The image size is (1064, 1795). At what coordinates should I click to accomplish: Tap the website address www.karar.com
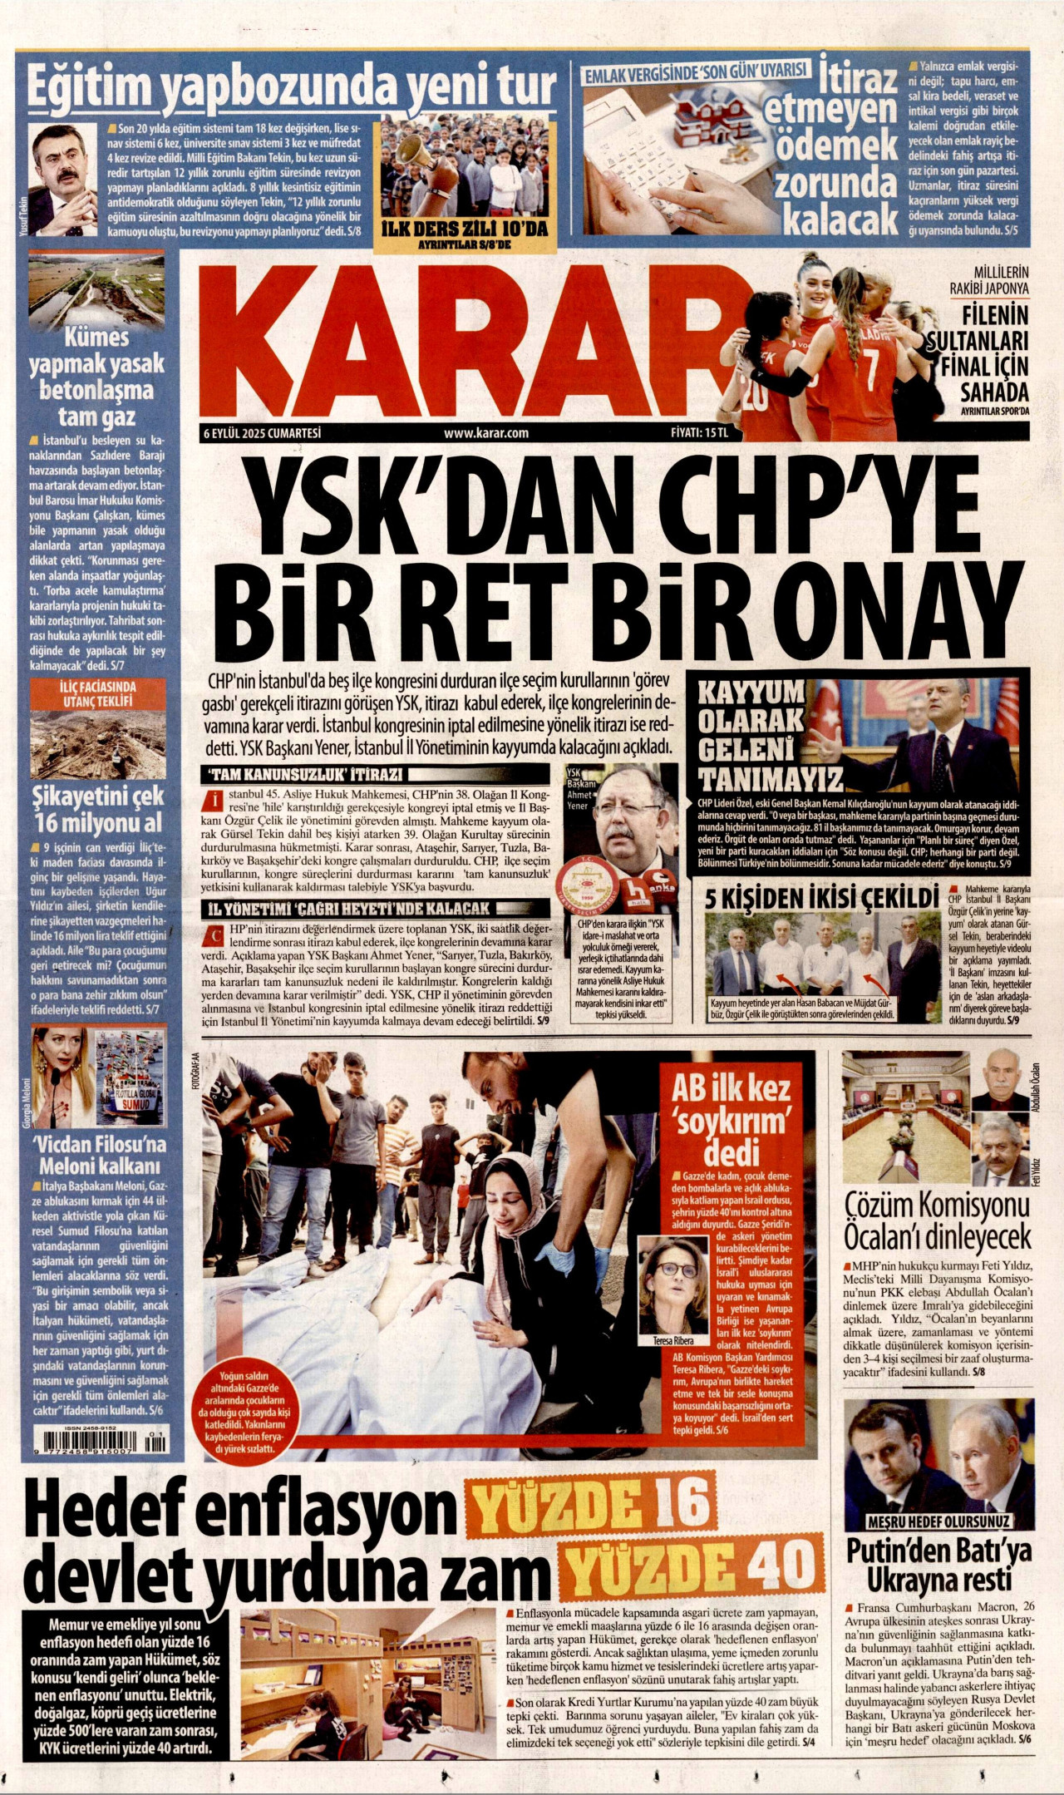tap(486, 432)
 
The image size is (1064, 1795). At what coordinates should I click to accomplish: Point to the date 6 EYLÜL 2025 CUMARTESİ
tap(262, 432)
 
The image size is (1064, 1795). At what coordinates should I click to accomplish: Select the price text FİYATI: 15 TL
tap(698, 432)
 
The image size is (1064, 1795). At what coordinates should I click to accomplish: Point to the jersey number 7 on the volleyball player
tap(870, 362)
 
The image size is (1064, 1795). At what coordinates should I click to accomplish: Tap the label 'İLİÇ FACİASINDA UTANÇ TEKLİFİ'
tap(98, 693)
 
